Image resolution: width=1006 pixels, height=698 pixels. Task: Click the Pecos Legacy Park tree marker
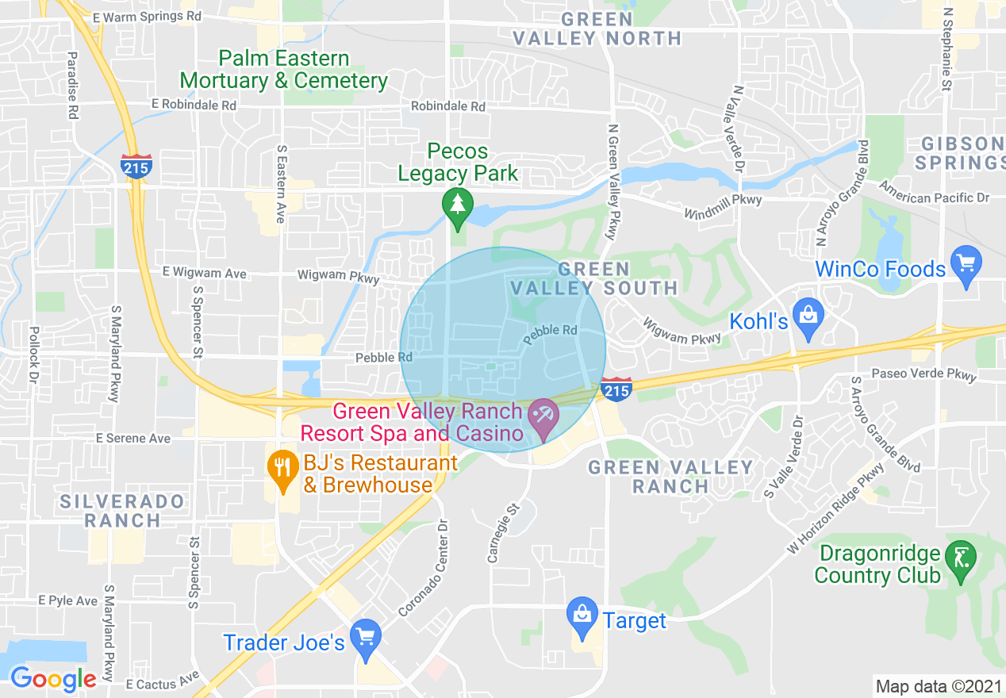click(x=457, y=205)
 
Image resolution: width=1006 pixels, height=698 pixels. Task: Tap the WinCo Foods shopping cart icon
click(x=966, y=262)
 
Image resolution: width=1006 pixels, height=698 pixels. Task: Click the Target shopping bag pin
click(x=582, y=614)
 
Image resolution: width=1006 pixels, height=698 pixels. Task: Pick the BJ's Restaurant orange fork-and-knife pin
click(x=281, y=464)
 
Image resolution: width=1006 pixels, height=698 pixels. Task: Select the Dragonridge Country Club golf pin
click(x=962, y=558)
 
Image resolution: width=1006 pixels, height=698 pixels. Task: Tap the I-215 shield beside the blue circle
click(x=616, y=389)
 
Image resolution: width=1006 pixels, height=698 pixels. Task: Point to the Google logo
click(x=53, y=679)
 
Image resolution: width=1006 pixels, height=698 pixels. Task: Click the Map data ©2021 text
click(x=937, y=686)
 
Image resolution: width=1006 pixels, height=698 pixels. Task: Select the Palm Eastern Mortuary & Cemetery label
click(x=283, y=70)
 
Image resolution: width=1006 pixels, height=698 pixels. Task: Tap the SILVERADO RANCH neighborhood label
click(x=122, y=511)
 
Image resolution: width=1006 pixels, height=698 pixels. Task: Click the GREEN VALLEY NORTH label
click(x=597, y=29)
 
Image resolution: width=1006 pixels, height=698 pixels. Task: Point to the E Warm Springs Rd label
click(x=146, y=16)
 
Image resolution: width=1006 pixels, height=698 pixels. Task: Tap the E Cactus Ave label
click(x=162, y=681)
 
